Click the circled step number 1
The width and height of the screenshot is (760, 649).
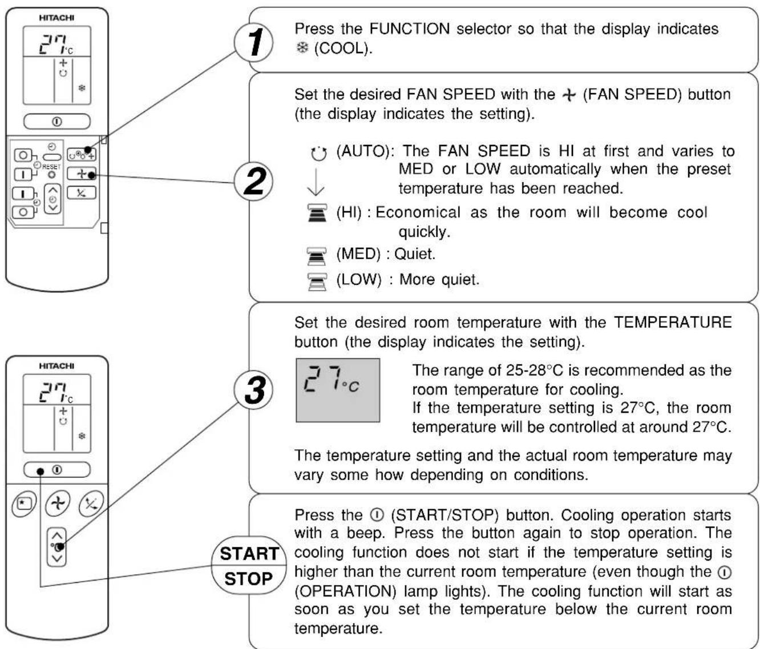pyautogui.click(x=254, y=42)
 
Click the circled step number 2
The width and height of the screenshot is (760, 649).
pyautogui.click(x=254, y=182)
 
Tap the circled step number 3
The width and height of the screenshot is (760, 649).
pyautogui.click(x=254, y=390)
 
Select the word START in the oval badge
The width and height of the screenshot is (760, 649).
pyautogui.click(x=249, y=554)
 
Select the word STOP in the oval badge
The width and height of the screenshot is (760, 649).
pyautogui.click(x=249, y=579)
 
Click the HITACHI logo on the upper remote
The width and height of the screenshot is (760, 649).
pyautogui.click(x=56, y=18)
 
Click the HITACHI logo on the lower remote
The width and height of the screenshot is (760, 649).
pyautogui.click(x=56, y=366)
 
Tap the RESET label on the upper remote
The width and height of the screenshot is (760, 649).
pyautogui.click(x=51, y=167)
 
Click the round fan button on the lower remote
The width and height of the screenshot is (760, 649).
pyautogui.click(x=58, y=503)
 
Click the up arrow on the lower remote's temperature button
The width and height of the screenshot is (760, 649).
pyautogui.click(x=56, y=535)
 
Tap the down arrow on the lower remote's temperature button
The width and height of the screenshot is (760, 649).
pyautogui.click(x=56, y=559)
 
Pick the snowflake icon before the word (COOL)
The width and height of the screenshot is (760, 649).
pyautogui.click(x=302, y=48)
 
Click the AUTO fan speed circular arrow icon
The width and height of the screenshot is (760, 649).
pyautogui.click(x=318, y=154)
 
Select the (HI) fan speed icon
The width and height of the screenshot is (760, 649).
pyautogui.click(x=317, y=213)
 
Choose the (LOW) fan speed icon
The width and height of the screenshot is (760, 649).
pyautogui.click(x=317, y=282)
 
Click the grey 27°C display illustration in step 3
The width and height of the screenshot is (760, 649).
pyautogui.click(x=338, y=390)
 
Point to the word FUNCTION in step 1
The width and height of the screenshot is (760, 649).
pyautogui.click(x=410, y=29)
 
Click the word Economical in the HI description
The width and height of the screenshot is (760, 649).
pyautogui.click(x=418, y=212)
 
